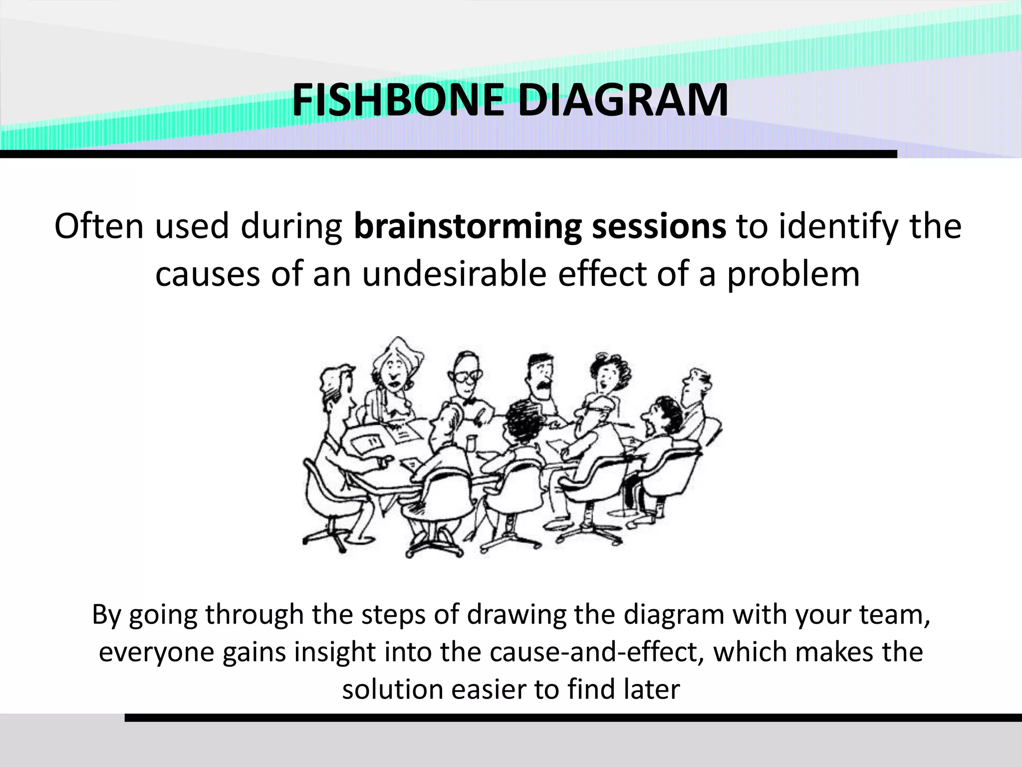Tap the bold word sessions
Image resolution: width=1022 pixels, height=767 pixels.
click(659, 226)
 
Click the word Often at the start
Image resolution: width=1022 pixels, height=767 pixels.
click(99, 226)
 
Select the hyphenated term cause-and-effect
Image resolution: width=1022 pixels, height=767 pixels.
click(597, 652)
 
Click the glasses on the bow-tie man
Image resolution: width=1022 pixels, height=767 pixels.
click(468, 376)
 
